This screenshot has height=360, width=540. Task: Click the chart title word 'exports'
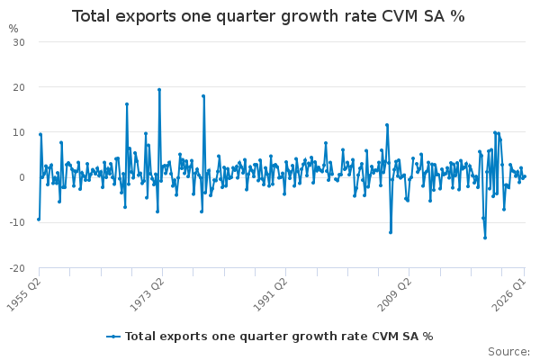pyautogui.click(x=145, y=16)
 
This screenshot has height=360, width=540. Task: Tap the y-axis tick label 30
pyautogui.click(x=19, y=42)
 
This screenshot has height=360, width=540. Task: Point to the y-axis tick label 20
pyautogui.click(x=19, y=87)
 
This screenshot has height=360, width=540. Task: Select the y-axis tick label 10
pyautogui.click(x=19, y=132)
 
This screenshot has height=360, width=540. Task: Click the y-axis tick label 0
pyautogui.click(x=22, y=177)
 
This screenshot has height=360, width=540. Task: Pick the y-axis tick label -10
pyautogui.click(x=17, y=222)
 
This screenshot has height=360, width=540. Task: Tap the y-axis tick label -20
pyautogui.click(x=17, y=268)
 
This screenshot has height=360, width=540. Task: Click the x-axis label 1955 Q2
pyautogui.click(x=24, y=295)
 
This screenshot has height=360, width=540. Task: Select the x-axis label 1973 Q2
pyautogui.click(x=147, y=295)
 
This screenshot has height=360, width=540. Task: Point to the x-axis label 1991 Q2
pyautogui.click(x=270, y=295)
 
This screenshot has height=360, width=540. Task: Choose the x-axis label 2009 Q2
pyautogui.click(x=394, y=295)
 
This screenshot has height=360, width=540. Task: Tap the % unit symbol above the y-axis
pyautogui.click(x=13, y=29)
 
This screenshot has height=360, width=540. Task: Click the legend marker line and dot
pyautogui.click(x=113, y=337)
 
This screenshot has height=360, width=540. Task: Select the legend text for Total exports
pyautogui.click(x=279, y=337)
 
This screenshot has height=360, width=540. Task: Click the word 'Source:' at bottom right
pyautogui.click(x=509, y=352)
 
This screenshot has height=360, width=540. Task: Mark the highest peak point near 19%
pyautogui.click(x=159, y=90)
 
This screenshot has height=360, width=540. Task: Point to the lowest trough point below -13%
pyautogui.click(x=485, y=238)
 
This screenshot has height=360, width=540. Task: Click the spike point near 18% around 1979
pyautogui.click(x=203, y=96)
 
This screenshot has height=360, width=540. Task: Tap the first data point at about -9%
pyautogui.click(x=39, y=220)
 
